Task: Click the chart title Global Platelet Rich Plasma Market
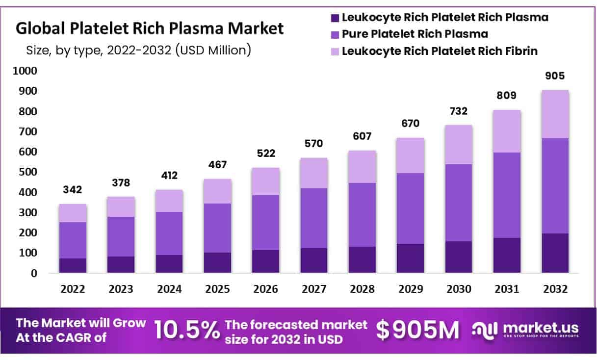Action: coord(150,28)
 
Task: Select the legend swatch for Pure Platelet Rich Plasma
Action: coord(336,34)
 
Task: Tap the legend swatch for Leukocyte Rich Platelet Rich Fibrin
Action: coord(336,51)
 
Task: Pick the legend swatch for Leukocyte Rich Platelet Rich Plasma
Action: coord(336,18)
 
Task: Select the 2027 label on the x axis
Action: coord(314,289)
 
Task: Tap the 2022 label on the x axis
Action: coord(73,289)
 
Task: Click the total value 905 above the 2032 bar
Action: coord(555,76)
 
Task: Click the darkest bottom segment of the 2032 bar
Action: coord(555,253)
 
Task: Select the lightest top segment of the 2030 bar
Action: coord(459,145)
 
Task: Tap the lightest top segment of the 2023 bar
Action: coord(121,206)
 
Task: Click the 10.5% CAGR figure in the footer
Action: coord(187,331)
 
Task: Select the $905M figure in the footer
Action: coord(418,331)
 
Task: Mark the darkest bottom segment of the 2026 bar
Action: coord(266,261)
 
